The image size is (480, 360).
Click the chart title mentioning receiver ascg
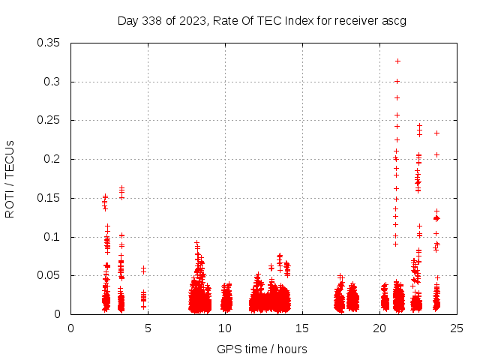[262, 20]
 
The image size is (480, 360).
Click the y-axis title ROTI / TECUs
[10, 179]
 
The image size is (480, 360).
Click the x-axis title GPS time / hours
[262, 349]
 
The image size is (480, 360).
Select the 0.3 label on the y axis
[55, 82]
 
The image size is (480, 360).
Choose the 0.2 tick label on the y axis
[55, 159]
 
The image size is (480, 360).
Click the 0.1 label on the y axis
[55, 237]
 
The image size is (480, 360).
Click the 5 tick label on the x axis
[148, 328]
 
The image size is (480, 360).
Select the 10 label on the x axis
[225, 328]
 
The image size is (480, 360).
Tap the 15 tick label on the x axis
[302, 328]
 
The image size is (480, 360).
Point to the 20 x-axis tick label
[379, 328]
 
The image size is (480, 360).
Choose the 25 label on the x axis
[457, 328]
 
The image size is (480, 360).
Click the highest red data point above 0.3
[397, 61]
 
